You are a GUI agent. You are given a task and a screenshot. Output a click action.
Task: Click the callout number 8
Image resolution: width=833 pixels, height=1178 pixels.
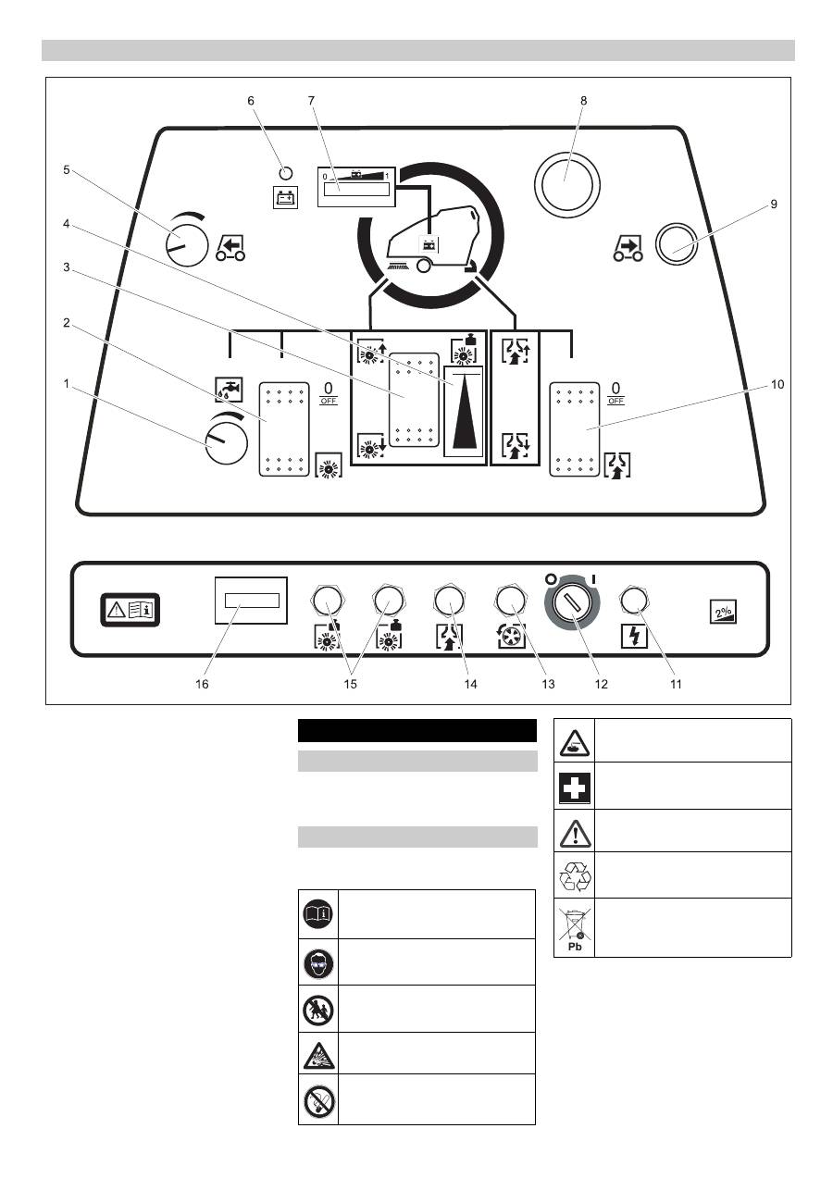[583, 100]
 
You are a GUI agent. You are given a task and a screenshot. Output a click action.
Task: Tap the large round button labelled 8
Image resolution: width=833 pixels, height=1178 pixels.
[567, 183]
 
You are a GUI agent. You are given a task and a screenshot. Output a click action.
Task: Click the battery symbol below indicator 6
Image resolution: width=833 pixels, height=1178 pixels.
[285, 196]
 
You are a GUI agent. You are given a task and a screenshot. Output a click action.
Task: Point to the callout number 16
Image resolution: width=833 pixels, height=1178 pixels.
[202, 685]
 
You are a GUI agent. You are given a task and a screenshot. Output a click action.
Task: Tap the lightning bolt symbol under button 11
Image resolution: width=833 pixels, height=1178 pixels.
[634, 638]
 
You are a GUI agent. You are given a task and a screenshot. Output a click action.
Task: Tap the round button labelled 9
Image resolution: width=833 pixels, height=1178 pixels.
[677, 243]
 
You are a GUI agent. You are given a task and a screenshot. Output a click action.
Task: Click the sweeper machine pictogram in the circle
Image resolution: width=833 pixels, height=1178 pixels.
[433, 242]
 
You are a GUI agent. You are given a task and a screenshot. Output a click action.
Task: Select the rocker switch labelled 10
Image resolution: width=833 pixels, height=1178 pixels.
[575, 430]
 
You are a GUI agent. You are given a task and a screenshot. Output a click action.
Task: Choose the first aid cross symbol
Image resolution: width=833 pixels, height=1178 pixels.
[574, 786]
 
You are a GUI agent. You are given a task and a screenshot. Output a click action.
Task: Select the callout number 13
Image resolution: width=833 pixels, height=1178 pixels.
[549, 685]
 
